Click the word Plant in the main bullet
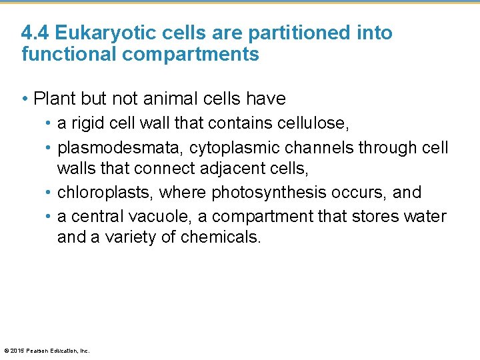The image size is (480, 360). pos(55,99)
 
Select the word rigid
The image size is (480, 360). pos(87,123)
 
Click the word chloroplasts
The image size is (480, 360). pos(106,193)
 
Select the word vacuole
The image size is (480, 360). pos(151,217)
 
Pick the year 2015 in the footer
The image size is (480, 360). pos(17,351)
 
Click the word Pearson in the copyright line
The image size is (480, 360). pos(37,351)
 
